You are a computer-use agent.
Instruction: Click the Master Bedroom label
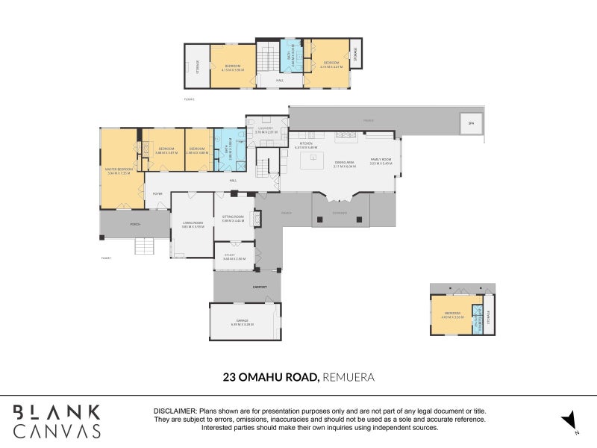(119, 171)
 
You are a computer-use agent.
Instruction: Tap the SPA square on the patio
(470, 124)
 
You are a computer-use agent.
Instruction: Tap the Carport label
(260, 286)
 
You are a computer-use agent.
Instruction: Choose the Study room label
(229, 256)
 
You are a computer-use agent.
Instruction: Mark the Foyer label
(157, 193)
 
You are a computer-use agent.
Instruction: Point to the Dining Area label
(344, 164)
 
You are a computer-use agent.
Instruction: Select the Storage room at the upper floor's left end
(197, 66)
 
